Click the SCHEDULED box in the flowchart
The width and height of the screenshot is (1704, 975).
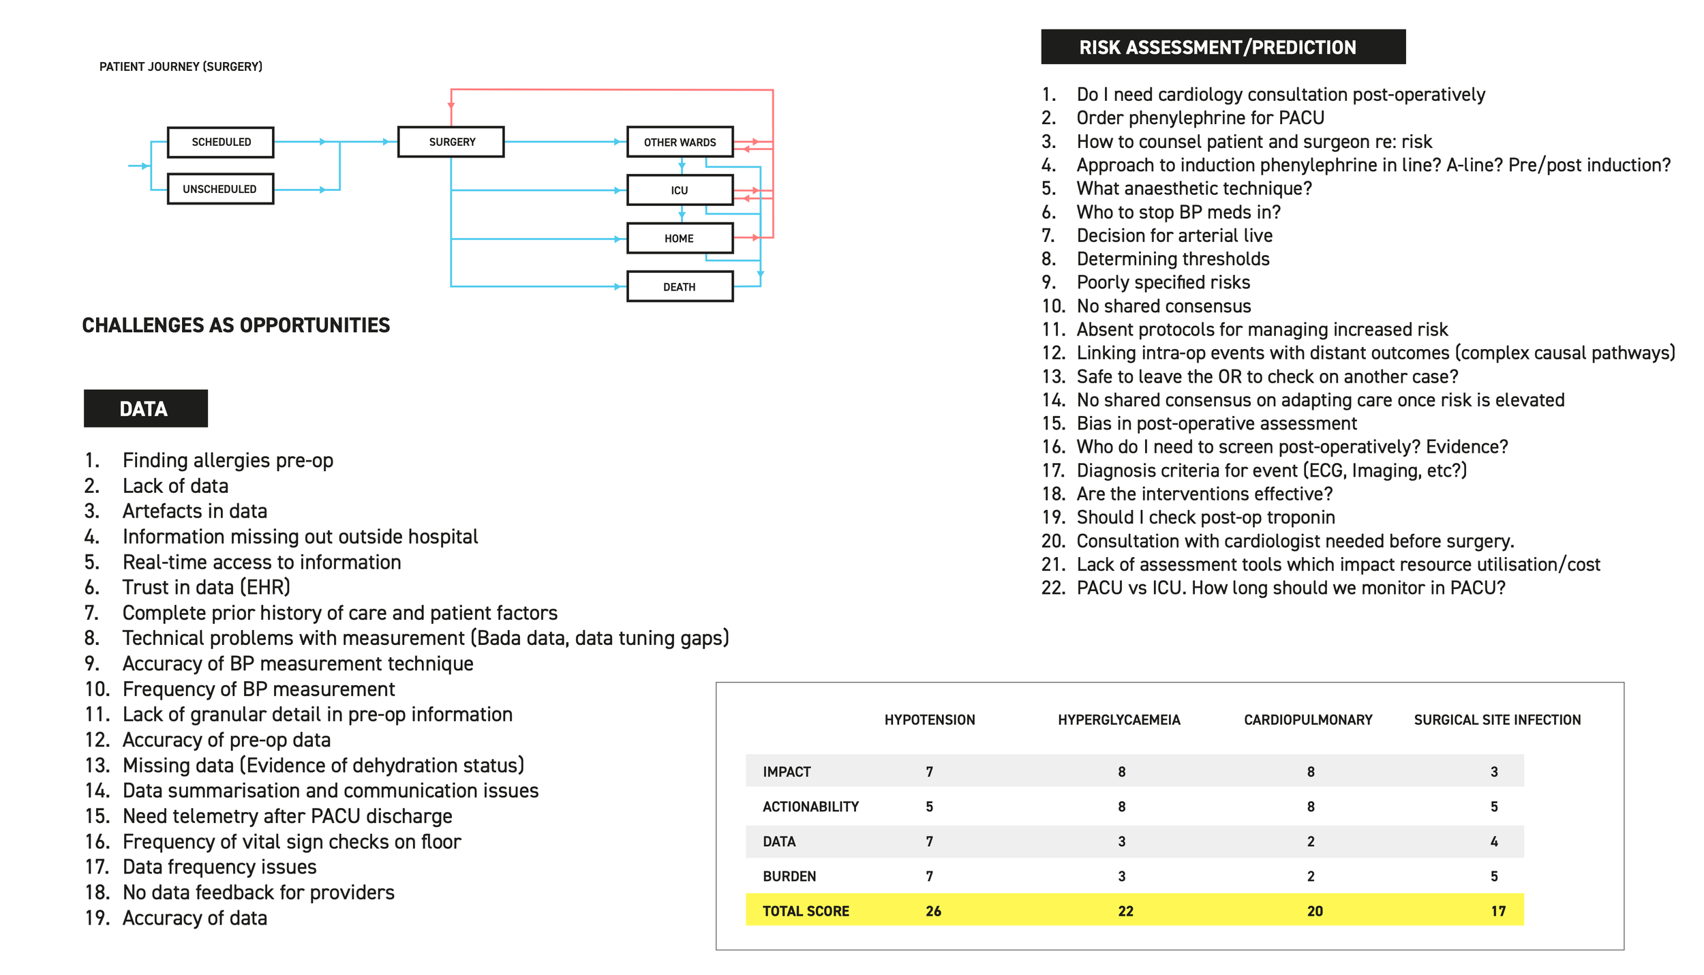(x=220, y=142)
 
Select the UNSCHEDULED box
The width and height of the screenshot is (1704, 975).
(x=220, y=189)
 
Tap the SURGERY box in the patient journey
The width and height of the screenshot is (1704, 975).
(x=451, y=142)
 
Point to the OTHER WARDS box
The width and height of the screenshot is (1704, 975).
(x=680, y=142)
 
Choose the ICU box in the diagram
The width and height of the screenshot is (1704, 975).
(x=680, y=190)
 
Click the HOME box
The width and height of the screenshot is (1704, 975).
(x=680, y=239)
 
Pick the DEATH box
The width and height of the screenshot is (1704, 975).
(x=680, y=287)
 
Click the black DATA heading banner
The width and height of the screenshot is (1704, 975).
(x=145, y=408)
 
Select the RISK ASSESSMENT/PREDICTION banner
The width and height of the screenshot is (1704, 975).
(x=1223, y=47)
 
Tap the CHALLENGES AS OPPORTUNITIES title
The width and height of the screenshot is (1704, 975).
(x=236, y=325)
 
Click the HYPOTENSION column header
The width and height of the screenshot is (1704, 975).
(x=930, y=720)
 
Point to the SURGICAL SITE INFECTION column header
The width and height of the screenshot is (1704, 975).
(x=1497, y=720)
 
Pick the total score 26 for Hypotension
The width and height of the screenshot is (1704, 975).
(x=933, y=911)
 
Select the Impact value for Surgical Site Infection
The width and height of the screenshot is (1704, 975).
(x=1494, y=772)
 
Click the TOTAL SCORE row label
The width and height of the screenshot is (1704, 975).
(x=806, y=911)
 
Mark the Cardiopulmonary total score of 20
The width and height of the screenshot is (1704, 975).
(x=1315, y=911)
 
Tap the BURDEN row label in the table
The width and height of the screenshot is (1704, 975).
(x=789, y=876)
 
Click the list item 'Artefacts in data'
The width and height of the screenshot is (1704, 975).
(x=194, y=511)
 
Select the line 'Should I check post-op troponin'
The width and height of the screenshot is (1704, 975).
(x=1205, y=517)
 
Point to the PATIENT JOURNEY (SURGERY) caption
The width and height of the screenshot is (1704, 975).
(x=181, y=67)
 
